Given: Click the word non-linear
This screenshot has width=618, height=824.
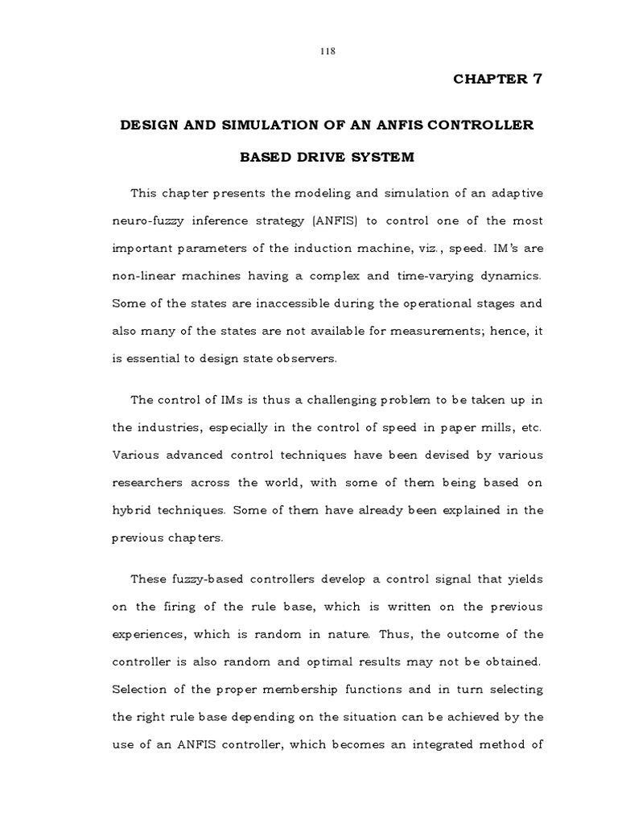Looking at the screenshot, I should click(142, 276).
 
